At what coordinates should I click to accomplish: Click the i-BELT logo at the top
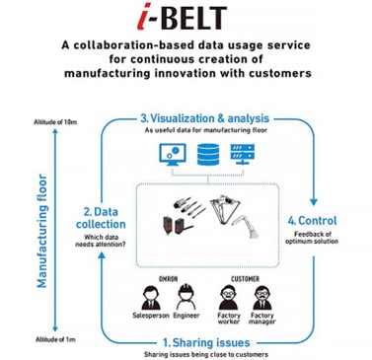(x=186, y=19)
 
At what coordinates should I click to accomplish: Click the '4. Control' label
(x=311, y=221)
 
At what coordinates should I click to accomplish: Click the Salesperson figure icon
(x=151, y=299)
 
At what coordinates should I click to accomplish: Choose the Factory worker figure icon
(x=230, y=299)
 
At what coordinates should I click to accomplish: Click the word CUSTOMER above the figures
(x=244, y=279)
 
